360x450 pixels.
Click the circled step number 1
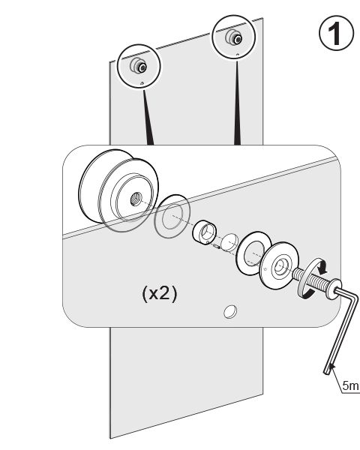pyautogui.click(x=336, y=33)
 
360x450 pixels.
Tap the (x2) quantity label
pyautogui.click(x=160, y=293)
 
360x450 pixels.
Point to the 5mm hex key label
pyautogui.click(x=351, y=385)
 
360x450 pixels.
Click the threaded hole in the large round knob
pyautogui.click(x=135, y=199)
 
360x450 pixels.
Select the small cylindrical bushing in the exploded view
pyautogui.click(x=205, y=232)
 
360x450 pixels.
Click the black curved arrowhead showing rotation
pyautogui.click(x=323, y=268)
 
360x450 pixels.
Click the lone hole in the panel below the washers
pyautogui.click(x=230, y=312)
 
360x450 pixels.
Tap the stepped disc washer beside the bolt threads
pyautogui.click(x=279, y=265)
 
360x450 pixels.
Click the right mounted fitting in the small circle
pyautogui.click(x=234, y=37)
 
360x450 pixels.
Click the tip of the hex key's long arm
pyautogui.click(x=327, y=372)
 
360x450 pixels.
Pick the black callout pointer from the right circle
pyautogui.click(x=237, y=103)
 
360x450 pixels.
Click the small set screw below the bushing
pyautogui.click(x=217, y=246)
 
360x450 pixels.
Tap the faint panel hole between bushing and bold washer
pyautogui.click(x=230, y=243)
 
